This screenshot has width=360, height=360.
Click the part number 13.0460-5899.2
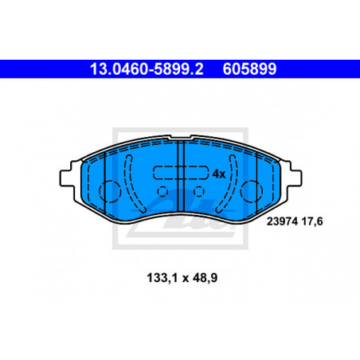147,69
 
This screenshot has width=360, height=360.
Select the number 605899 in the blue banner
249,69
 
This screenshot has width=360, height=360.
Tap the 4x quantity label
219,174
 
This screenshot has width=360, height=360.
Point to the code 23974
283,221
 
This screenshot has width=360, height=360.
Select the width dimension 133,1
162,278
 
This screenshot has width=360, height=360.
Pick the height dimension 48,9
205,278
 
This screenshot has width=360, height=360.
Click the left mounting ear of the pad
66,178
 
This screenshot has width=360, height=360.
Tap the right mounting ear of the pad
295,178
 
